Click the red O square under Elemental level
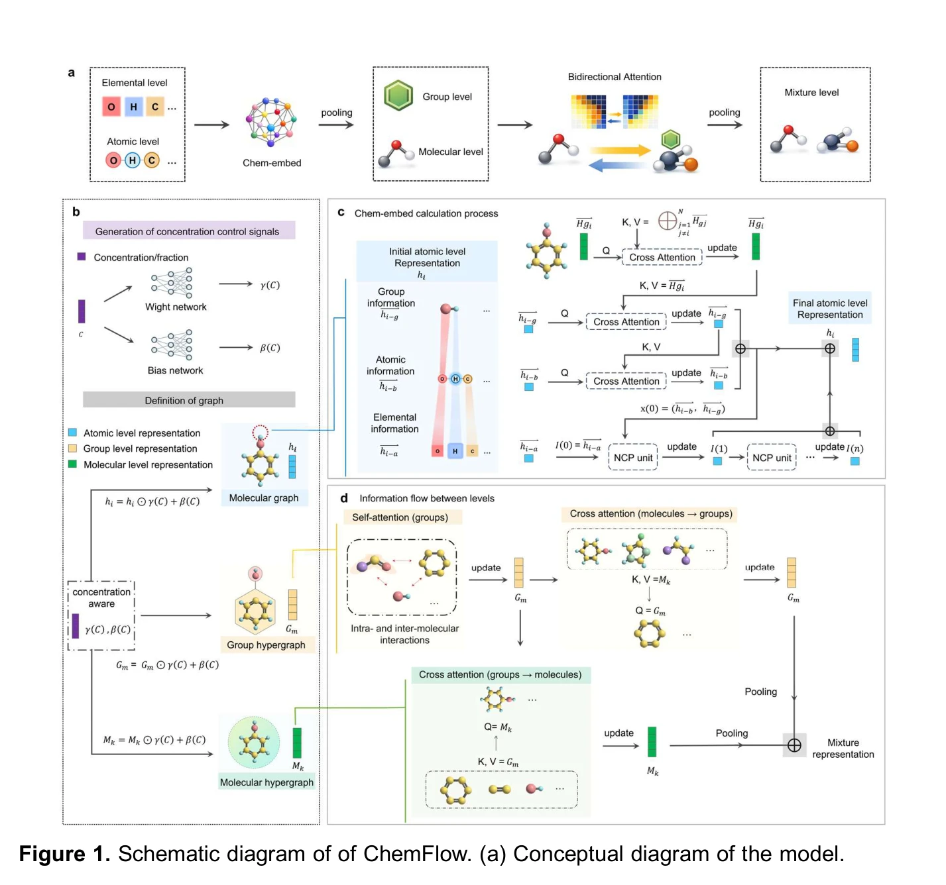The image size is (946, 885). tap(111, 107)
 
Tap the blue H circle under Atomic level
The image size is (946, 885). tap(133, 160)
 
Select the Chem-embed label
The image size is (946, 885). tap(272, 163)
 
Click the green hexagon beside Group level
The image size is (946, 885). tap(398, 95)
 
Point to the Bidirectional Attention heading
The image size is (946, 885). tap(615, 77)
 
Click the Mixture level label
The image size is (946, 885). tap(811, 92)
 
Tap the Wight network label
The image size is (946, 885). tap(176, 307)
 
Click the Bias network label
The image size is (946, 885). tap(175, 370)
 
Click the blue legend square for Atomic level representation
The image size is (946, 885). tap(72, 433)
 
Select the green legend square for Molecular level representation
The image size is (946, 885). tap(72, 464)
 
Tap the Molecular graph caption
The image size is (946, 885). tap(264, 497)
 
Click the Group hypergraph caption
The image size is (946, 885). tap(266, 645)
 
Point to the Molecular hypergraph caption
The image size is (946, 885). tap(266, 782)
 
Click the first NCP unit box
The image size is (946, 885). tap(633, 458)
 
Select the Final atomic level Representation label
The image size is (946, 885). tap(830, 309)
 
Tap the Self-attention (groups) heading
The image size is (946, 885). tap(400, 517)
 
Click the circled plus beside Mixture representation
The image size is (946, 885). tap(794, 745)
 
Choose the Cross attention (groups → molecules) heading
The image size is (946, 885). tap(500, 674)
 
